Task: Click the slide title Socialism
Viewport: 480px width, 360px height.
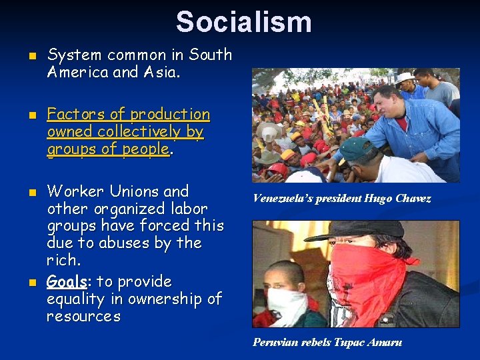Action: [243, 22]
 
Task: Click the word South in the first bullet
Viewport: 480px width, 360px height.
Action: [211, 55]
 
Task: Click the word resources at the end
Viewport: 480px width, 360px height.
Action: [84, 316]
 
